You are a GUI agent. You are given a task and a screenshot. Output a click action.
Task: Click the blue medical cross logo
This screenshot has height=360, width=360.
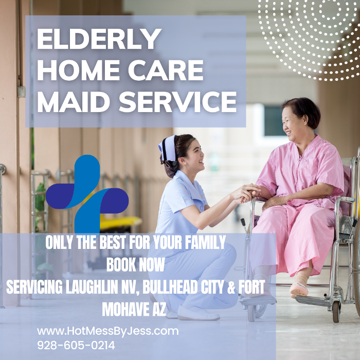pos(87,194)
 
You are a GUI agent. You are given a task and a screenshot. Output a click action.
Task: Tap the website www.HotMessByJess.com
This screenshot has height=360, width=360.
pos(107,331)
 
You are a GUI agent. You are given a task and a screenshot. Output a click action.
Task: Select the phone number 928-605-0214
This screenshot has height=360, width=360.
pos(76,345)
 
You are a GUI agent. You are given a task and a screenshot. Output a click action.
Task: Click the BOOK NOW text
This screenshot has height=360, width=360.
pos(136,265)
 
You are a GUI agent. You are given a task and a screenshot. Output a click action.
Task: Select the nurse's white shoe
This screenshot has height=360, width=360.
pos(198,313)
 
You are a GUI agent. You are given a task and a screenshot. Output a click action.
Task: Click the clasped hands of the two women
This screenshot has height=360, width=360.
pos(249,192)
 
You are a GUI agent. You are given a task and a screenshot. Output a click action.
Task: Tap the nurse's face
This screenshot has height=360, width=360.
pos(190,154)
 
